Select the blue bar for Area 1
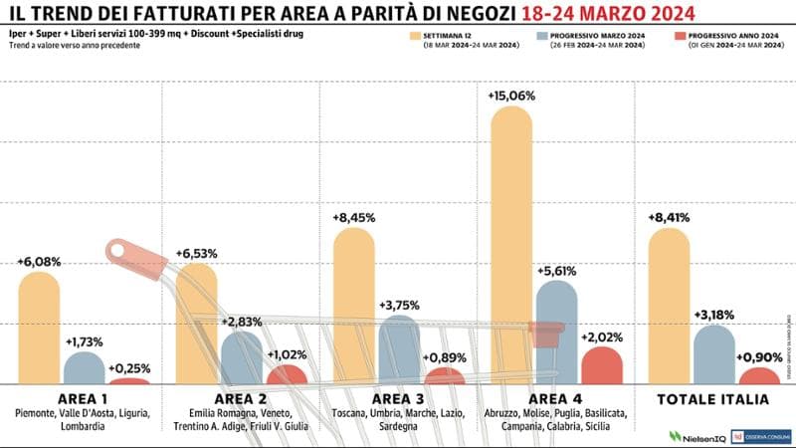tap(84, 367)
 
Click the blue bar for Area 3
tap(399, 349)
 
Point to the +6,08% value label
tap(39, 262)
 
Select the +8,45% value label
tap(355, 216)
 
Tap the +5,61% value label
tap(557, 270)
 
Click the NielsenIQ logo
tap(696, 436)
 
